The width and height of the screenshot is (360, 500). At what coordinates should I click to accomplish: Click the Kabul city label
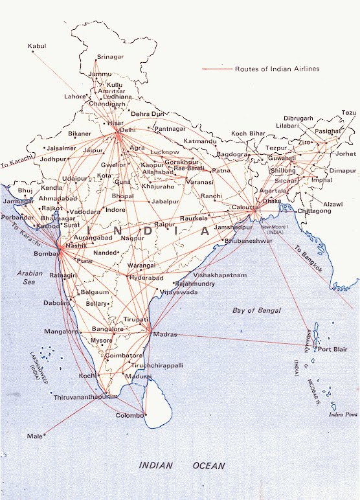tap(38, 46)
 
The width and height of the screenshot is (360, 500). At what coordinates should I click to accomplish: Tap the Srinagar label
tap(109, 57)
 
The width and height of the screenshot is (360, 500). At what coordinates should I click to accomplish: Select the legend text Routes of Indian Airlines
tap(277, 69)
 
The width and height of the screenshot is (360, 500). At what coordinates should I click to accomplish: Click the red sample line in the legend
tap(217, 69)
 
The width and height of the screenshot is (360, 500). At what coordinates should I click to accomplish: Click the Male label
tap(34, 436)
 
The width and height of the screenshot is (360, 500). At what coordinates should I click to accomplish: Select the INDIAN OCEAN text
tap(182, 465)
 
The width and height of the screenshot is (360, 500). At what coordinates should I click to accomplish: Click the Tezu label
tap(349, 113)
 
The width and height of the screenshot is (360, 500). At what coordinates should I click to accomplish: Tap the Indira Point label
tap(343, 414)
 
